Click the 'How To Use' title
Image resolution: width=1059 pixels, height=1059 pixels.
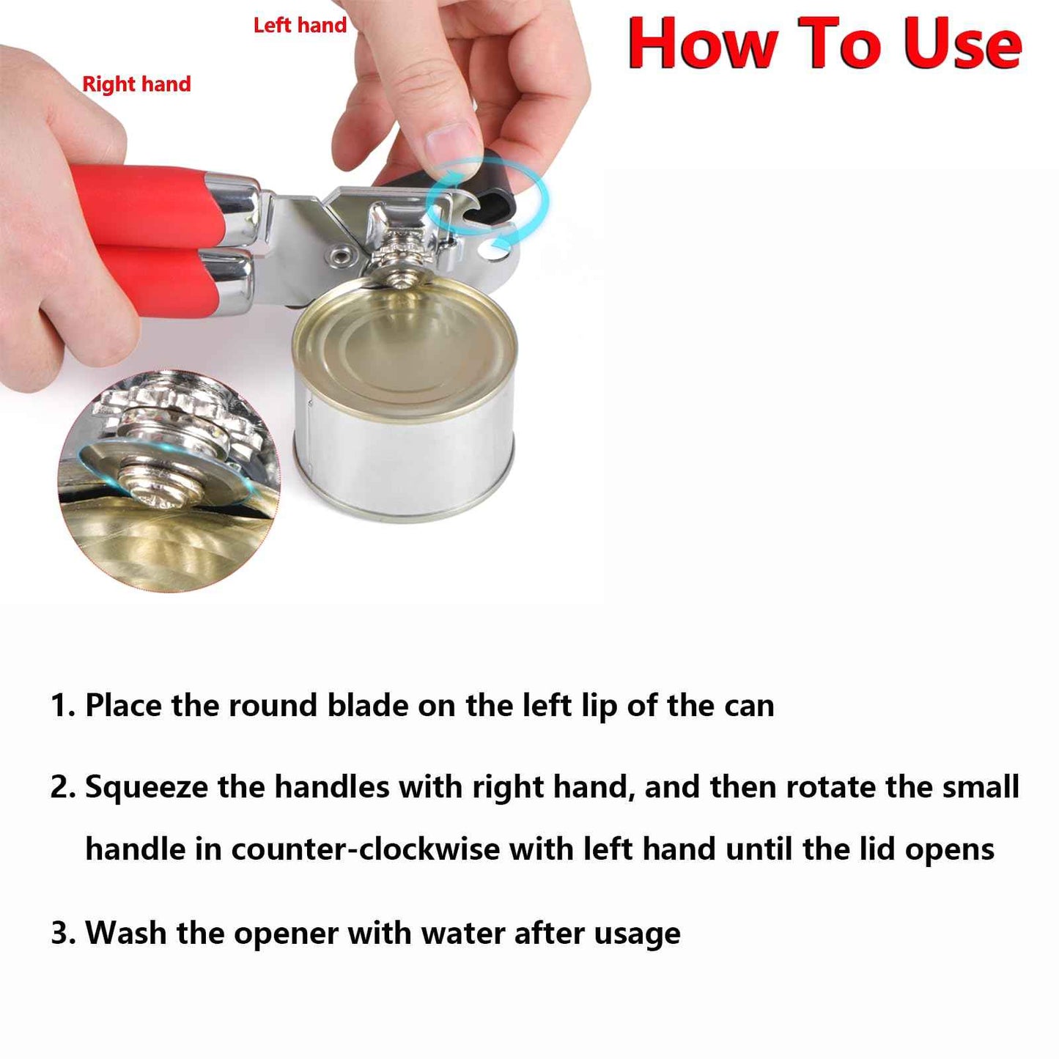pyautogui.click(x=824, y=44)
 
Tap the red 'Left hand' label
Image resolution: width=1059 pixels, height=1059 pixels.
pyautogui.click(x=300, y=26)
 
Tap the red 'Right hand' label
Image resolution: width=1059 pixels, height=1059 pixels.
pyautogui.click(x=136, y=84)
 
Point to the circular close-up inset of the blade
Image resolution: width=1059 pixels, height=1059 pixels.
pyautogui.click(x=169, y=480)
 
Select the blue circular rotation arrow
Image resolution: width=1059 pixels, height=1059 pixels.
pyautogui.click(x=488, y=202)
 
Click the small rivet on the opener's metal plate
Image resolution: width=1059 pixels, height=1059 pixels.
pyautogui.click(x=342, y=257)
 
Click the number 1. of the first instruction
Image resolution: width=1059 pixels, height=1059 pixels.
pyautogui.click(x=63, y=706)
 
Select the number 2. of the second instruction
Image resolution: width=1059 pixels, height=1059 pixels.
pyautogui.click(x=63, y=787)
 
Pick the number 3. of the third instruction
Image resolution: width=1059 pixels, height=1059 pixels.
pyautogui.click(x=63, y=934)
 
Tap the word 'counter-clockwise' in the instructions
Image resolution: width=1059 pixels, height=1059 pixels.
pyautogui.click(x=366, y=849)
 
